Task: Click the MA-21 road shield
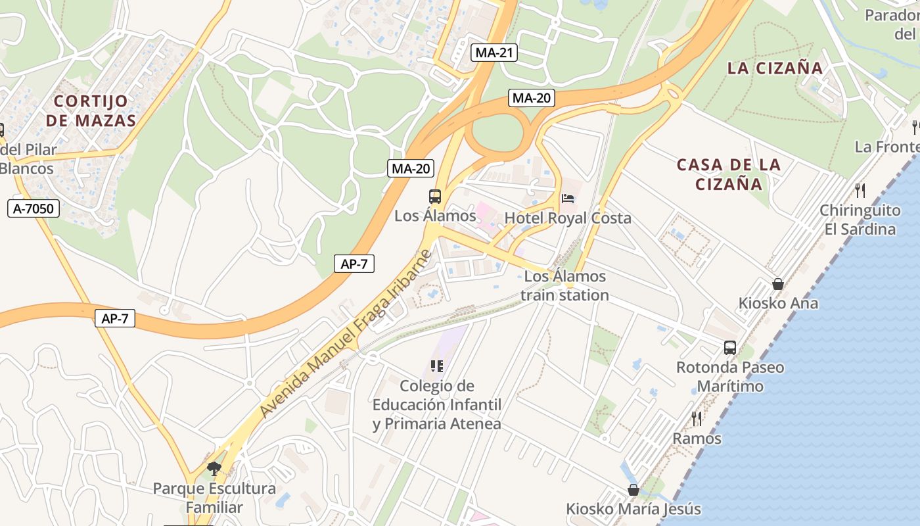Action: click(x=494, y=53)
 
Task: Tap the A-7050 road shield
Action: click(x=34, y=209)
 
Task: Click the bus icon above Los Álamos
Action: click(x=435, y=196)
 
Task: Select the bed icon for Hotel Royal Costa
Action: click(x=568, y=199)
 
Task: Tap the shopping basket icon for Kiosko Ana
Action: click(x=778, y=284)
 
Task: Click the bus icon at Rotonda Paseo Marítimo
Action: click(x=730, y=348)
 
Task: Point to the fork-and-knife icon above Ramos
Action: click(x=697, y=418)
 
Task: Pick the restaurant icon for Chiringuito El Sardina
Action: click(x=860, y=191)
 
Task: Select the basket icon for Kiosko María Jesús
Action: click(x=633, y=490)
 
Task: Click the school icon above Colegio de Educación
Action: click(x=437, y=366)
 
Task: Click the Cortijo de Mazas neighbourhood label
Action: click(x=95, y=110)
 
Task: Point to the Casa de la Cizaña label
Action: click(x=729, y=174)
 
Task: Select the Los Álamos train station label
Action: click(x=564, y=286)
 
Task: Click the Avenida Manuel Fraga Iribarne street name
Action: click(x=347, y=333)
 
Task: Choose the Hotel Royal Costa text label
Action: click(x=568, y=218)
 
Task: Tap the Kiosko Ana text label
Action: click(x=778, y=303)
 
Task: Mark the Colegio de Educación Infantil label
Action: click(x=437, y=404)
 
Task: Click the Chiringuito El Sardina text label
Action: click(x=860, y=220)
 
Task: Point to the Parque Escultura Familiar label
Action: click(x=214, y=498)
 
